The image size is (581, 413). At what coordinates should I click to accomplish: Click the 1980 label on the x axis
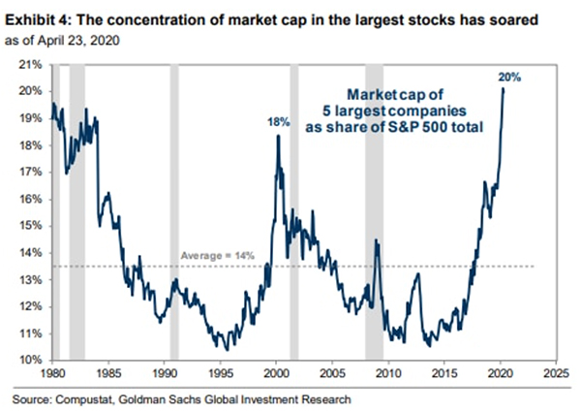(x=52, y=372)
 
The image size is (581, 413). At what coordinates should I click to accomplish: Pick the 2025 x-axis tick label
(x=555, y=372)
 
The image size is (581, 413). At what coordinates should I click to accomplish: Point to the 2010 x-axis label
(x=387, y=372)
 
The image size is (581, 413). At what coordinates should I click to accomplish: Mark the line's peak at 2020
(x=504, y=89)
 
